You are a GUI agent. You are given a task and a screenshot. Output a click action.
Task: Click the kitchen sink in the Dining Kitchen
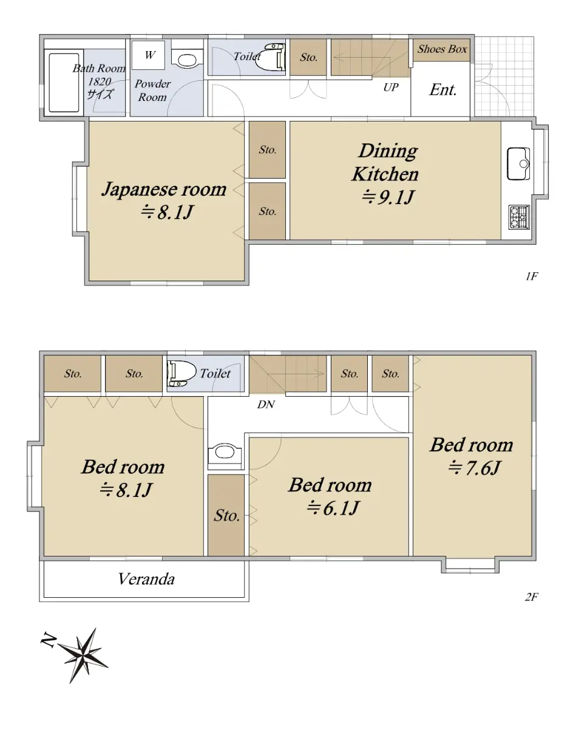pos(518,163)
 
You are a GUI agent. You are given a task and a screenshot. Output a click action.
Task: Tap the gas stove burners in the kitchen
pos(519,217)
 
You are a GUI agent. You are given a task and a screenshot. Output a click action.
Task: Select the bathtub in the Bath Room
pos(64,82)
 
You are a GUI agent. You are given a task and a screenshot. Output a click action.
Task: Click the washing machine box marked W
pos(148,55)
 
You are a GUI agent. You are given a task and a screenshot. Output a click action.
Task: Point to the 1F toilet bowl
pos(274,57)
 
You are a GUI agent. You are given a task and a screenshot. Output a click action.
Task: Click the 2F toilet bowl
pos(181,373)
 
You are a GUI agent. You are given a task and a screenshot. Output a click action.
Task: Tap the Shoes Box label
pos(442,49)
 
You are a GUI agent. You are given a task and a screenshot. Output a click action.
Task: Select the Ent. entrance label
pos(443,90)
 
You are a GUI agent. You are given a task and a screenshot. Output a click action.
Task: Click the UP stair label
pos(391,87)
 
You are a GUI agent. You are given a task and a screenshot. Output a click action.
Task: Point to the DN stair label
pos(266,404)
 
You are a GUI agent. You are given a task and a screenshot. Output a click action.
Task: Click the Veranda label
pos(146,579)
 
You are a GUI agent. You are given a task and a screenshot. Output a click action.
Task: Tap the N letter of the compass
pos(49,640)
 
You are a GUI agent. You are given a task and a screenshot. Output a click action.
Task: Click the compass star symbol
pos(83,655)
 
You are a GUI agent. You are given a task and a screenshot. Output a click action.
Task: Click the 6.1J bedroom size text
pos(333,507)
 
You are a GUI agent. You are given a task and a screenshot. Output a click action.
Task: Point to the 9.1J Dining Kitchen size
pos(388,197)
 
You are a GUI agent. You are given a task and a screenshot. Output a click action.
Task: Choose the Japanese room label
pos(164,189)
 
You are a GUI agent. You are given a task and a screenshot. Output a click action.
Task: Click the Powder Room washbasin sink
pos(187,60)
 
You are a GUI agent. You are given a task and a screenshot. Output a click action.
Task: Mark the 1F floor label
pos(532,276)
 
